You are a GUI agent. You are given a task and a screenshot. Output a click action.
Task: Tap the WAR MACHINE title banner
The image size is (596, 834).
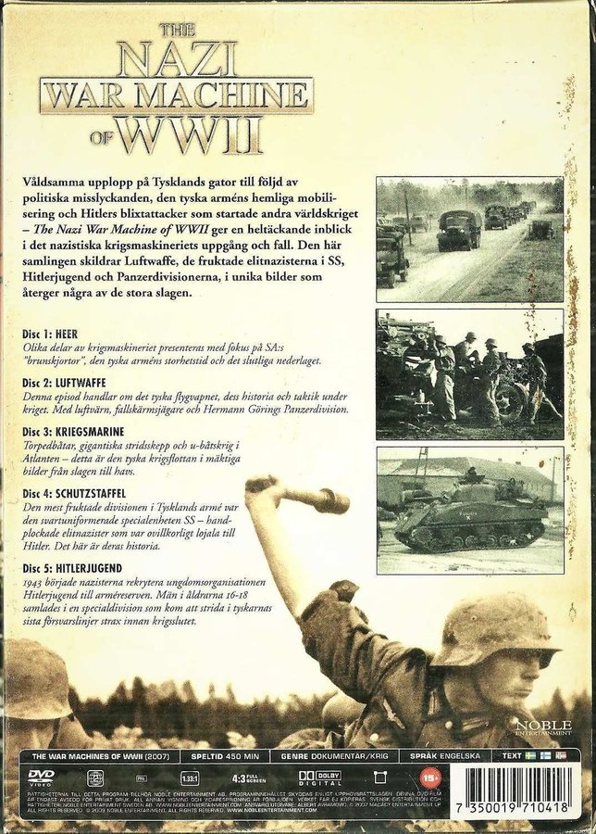(175, 95)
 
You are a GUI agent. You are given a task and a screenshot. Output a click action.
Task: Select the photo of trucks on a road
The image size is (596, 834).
(469, 239)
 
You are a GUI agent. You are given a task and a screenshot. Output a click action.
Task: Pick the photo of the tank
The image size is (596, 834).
(469, 509)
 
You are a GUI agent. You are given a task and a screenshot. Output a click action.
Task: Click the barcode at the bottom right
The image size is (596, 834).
(525, 786)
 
